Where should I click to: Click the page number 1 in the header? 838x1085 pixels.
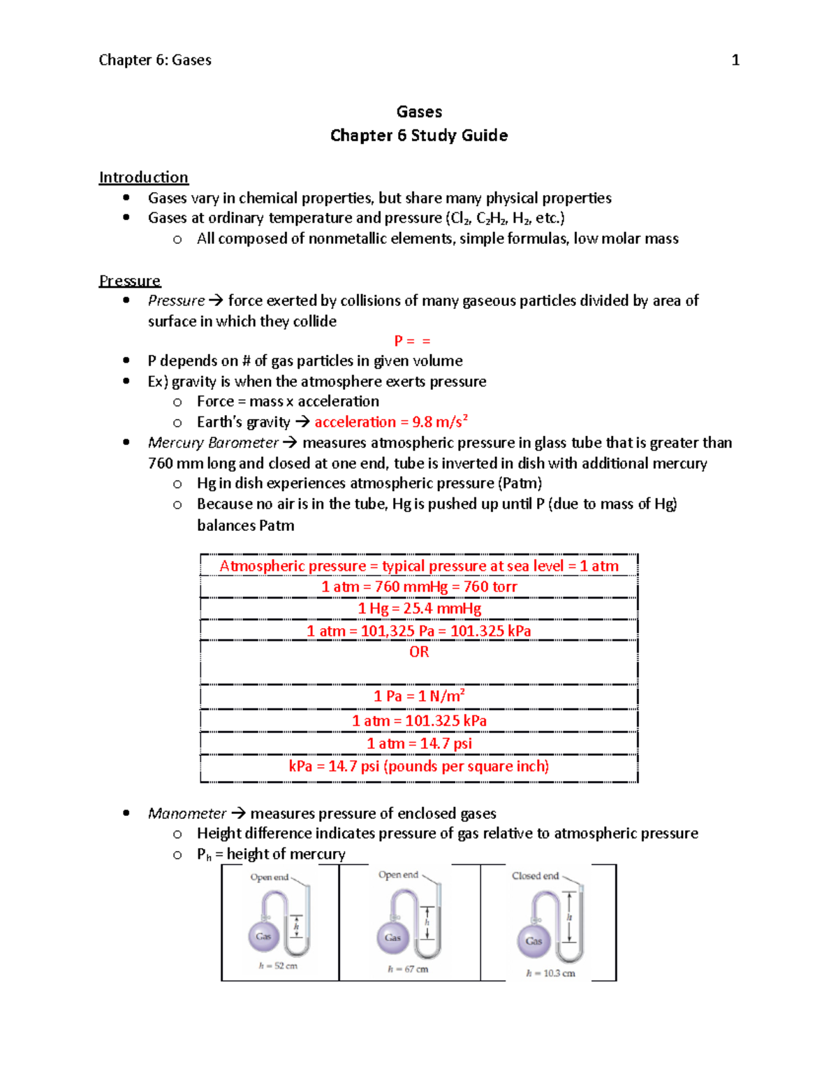(735, 61)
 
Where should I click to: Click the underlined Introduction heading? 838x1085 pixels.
(143, 177)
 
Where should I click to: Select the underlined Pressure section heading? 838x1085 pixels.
(129, 281)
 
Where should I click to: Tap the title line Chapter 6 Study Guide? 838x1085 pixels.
(418, 136)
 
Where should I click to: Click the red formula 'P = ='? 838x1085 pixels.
(412, 341)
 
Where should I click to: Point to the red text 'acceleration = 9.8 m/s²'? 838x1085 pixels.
(390, 422)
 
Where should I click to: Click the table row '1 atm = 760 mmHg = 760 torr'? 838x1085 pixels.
(419, 587)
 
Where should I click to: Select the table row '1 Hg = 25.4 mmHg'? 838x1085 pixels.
(419, 609)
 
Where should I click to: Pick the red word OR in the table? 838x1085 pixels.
(419, 652)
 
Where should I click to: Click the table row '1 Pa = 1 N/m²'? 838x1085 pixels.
(419, 696)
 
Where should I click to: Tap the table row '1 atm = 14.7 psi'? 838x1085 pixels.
(419, 743)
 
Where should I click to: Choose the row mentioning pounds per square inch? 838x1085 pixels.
(419, 766)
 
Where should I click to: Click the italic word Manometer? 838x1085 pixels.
(186, 814)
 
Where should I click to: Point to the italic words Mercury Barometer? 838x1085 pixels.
(213, 443)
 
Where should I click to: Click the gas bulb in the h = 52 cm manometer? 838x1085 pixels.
(263, 936)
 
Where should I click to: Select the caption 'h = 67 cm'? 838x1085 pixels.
(408, 969)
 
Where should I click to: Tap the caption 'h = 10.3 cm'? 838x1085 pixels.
(550, 973)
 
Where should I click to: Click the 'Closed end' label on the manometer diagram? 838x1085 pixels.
(535, 876)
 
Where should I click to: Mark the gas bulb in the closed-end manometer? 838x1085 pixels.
(534, 941)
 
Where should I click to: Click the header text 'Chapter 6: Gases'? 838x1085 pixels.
(155, 61)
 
